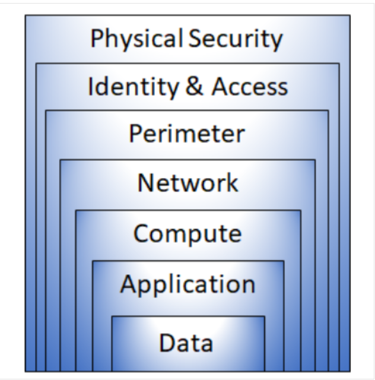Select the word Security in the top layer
236,39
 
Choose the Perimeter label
187,134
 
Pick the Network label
188,182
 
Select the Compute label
188,233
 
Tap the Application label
188,284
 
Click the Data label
186,343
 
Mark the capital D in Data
167,343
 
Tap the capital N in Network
145,182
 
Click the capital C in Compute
141,232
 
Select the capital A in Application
128,284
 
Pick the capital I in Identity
91,87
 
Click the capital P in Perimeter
136,134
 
